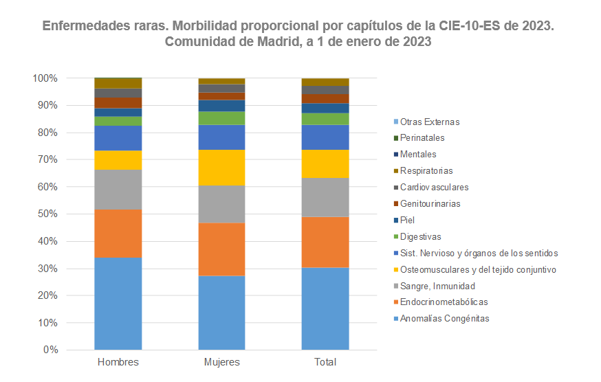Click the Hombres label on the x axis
[x=118, y=362]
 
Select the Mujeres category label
[x=221, y=362]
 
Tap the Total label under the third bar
[x=325, y=362]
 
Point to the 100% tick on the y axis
[x=45, y=78]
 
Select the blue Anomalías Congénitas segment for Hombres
[x=118, y=304]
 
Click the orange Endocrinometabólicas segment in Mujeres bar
[x=221, y=249]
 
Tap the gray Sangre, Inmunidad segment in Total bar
[x=325, y=197]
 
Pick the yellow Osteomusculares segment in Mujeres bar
[x=221, y=168]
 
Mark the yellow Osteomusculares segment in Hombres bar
[x=118, y=160]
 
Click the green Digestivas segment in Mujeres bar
[x=221, y=118]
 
